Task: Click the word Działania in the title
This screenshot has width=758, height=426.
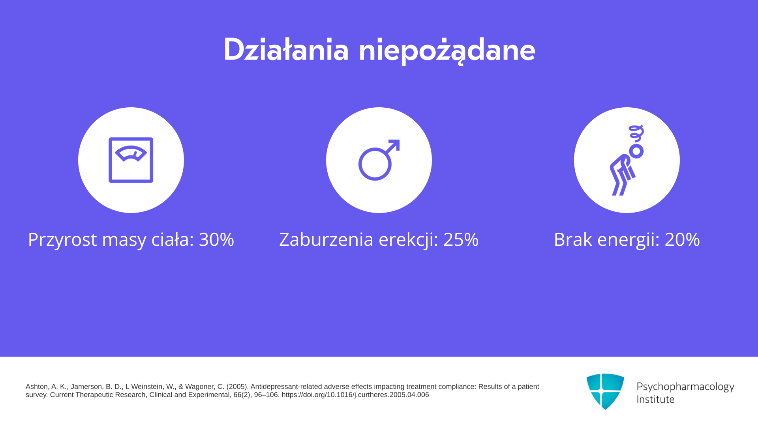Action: [286, 50]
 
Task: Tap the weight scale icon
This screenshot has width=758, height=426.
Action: [131, 160]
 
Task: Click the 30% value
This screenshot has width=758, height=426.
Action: [216, 239]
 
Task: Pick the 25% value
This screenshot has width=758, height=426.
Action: [461, 239]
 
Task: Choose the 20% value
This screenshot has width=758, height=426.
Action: [682, 239]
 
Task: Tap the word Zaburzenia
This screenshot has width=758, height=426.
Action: [326, 239]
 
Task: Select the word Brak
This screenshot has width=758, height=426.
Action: [573, 239]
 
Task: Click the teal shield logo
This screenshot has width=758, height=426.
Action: [605, 391]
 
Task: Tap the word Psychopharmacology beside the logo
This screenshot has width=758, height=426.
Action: [685, 387]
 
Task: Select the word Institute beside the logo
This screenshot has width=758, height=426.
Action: [655, 399]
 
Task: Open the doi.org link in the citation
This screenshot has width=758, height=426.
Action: [355, 395]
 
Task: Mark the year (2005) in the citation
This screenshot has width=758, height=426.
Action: [237, 387]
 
